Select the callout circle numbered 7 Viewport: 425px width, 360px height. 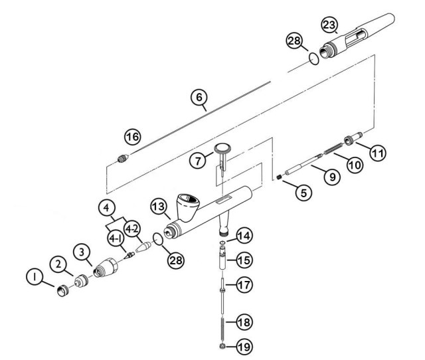[198, 159]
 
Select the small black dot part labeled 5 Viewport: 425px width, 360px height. [281, 176]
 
